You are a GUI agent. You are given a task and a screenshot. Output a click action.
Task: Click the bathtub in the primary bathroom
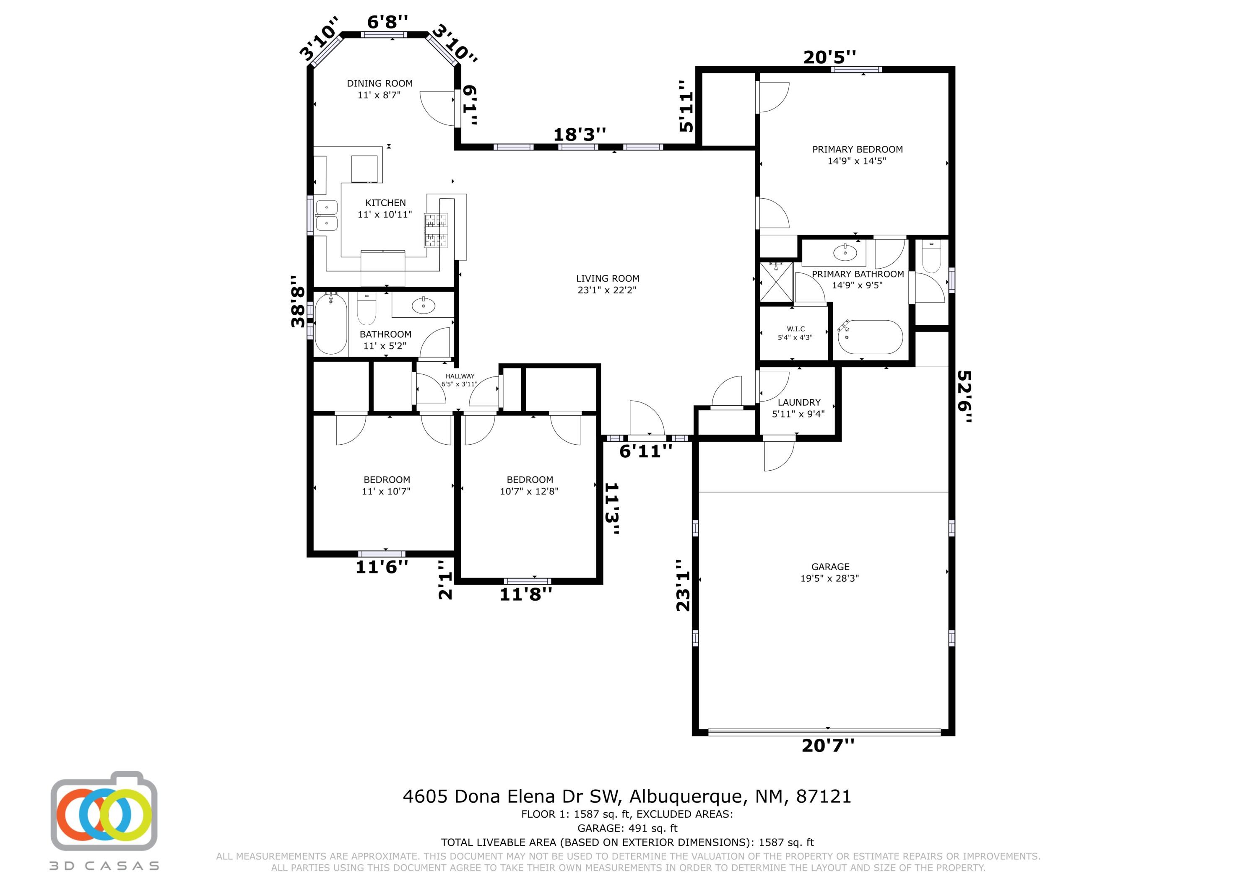pos(870,337)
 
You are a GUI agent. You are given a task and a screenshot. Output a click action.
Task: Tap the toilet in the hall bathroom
pos(366,308)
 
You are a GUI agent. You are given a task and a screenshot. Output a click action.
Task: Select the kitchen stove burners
pos(436,230)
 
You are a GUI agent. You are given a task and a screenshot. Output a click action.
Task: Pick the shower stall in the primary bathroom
pos(776,282)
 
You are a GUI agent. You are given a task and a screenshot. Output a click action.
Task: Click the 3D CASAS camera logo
pos(104,812)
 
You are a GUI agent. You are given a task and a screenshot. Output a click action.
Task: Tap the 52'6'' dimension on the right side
pos(965,397)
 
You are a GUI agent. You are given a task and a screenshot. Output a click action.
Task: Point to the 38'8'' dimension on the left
pos(297,301)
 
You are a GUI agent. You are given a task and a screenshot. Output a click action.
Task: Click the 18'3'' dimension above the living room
pos(580,134)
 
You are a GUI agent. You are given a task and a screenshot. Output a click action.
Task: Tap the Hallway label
pos(460,376)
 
